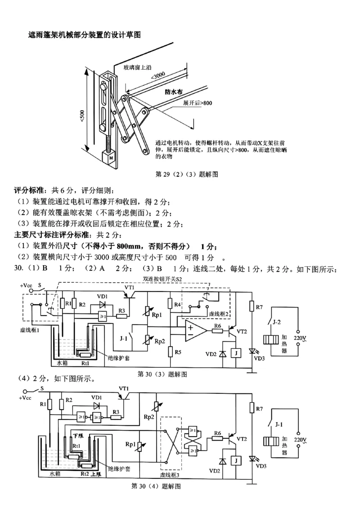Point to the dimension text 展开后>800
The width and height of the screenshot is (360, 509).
tap(197, 103)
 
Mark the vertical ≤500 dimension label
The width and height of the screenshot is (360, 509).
tap(82, 116)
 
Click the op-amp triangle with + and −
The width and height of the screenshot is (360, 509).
tap(194, 331)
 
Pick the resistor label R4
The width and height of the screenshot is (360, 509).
tap(178, 304)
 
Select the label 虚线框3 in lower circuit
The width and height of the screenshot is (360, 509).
tap(170, 474)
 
